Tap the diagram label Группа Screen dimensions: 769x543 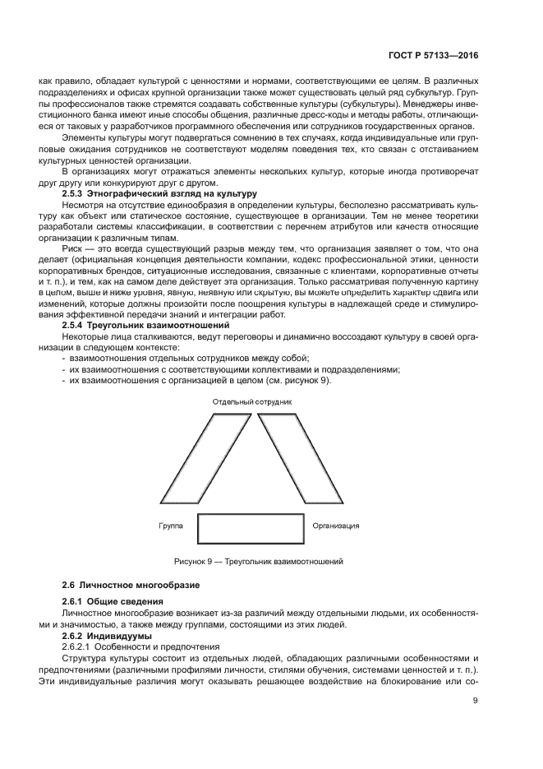(x=171, y=525)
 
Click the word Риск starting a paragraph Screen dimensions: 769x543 (x=74, y=248)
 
